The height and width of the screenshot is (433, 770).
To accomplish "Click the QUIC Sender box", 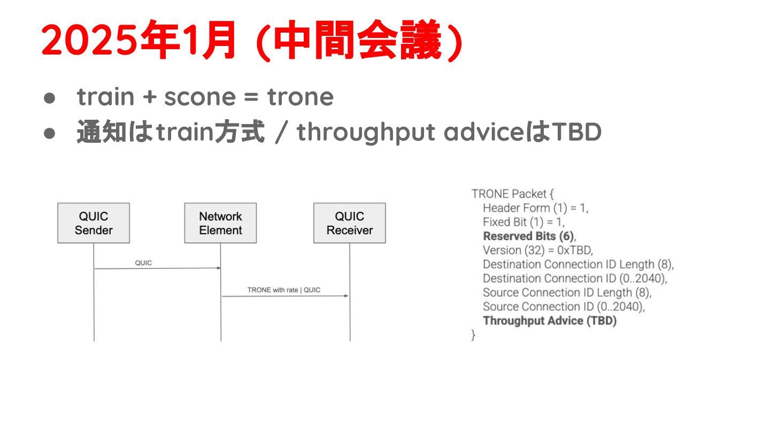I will tap(94, 223).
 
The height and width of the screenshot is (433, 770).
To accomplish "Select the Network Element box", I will tap(220, 223).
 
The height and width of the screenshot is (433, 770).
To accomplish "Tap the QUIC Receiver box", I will tap(349, 223).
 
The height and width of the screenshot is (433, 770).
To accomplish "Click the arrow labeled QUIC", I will tap(158, 268).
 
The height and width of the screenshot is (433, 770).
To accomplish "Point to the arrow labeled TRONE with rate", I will tap(285, 296).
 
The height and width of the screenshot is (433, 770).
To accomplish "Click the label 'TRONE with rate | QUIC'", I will tap(284, 290).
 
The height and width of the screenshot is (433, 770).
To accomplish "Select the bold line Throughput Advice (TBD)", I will tap(550, 321).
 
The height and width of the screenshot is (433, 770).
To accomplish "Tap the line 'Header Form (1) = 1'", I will tap(535, 208).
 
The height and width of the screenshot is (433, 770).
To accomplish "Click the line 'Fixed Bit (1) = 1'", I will tap(523, 222).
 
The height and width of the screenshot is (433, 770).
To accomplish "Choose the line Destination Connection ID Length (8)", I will tap(578, 264).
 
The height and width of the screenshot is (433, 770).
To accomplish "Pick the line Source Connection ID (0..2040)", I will tap(564, 306).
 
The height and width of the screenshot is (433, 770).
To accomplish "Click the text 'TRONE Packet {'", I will tap(509, 194).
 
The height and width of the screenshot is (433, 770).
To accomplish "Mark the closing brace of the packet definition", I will tap(473, 335).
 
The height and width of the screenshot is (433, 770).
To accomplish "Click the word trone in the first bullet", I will tap(301, 97).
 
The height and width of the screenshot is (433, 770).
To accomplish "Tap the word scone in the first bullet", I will tap(199, 97).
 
